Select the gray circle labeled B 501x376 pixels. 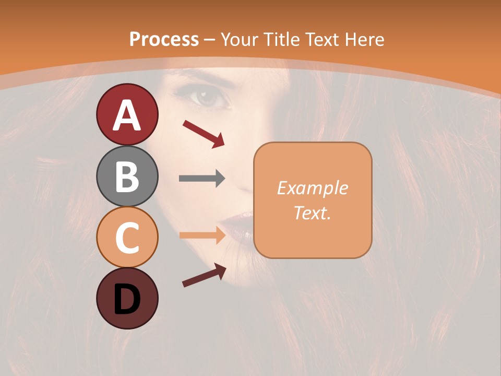click(127, 176)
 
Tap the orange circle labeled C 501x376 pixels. click(127, 237)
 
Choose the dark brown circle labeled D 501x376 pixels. click(127, 298)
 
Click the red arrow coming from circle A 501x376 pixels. click(204, 134)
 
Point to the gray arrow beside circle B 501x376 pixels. click(202, 179)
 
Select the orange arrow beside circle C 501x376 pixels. click(202, 236)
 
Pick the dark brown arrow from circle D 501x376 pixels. click(204, 275)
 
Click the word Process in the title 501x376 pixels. click(164, 39)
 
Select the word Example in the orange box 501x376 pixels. click(312, 188)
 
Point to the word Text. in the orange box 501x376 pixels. click(312, 213)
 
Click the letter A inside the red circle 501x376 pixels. click(127, 115)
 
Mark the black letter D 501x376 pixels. click(127, 299)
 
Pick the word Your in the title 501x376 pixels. click(239, 39)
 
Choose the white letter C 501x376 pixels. click(127, 238)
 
